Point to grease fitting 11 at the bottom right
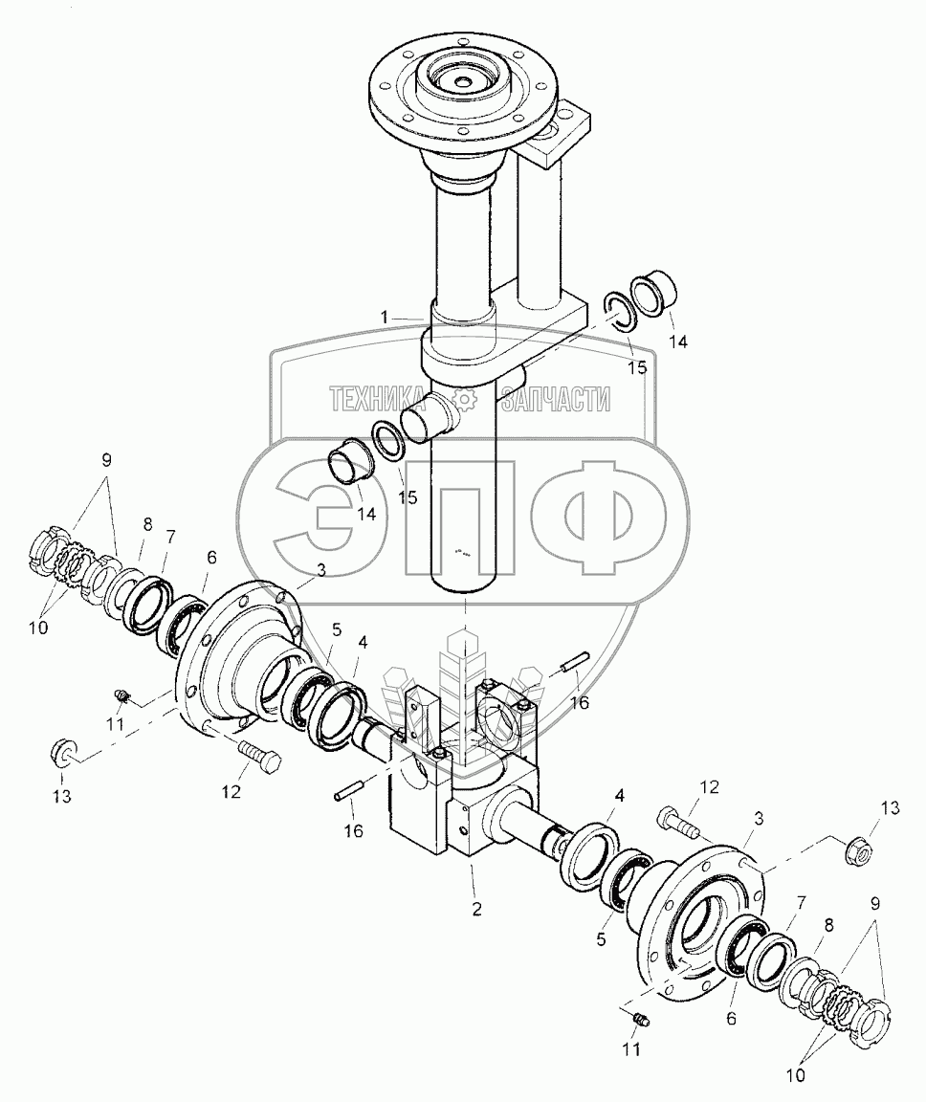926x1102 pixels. (642, 1019)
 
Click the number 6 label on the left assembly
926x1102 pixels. (210, 557)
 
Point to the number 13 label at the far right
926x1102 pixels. (890, 809)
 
